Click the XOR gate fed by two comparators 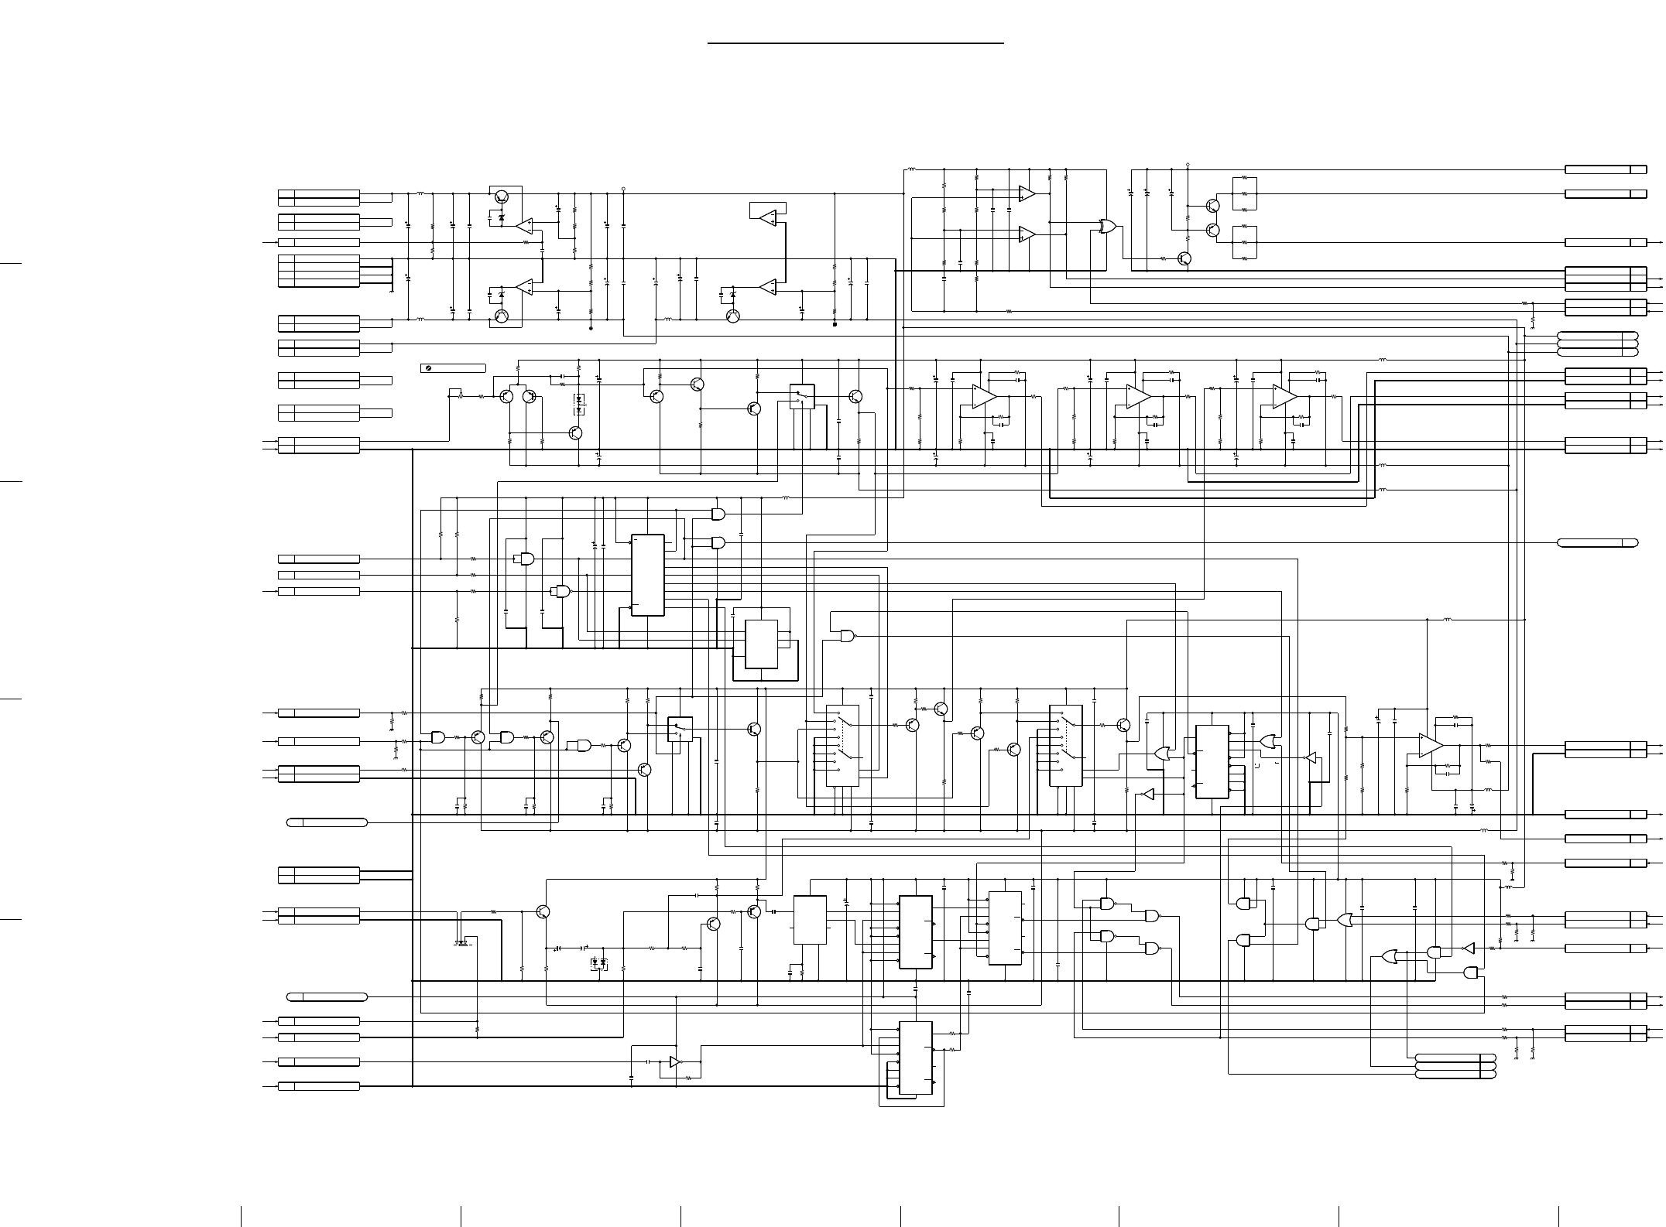pos(1108,227)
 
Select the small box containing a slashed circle pos(453,368)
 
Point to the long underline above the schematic pos(855,43)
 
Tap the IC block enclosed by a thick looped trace pos(761,644)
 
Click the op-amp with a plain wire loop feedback pos(768,218)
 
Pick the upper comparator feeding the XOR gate pos(1027,193)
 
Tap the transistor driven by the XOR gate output pos(1184,258)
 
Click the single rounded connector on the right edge pos(1597,542)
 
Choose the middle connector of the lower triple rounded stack pos(1455,1066)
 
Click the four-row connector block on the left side pos(318,271)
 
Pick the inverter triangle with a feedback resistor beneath pos(675,1062)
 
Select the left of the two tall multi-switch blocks pos(842,746)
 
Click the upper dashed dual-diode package pos(580,400)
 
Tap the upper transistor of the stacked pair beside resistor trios pos(1212,205)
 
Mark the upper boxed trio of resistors pos(1244,193)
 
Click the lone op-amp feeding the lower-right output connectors pos(1431,745)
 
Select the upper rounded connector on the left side pos(327,822)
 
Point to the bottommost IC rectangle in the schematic pos(915,1058)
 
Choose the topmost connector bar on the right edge pos(1605,169)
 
